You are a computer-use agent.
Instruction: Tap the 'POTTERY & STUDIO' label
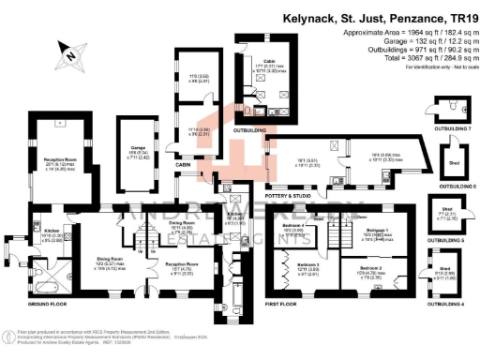pos(287,195)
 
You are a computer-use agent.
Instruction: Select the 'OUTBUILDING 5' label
pos(450,241)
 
